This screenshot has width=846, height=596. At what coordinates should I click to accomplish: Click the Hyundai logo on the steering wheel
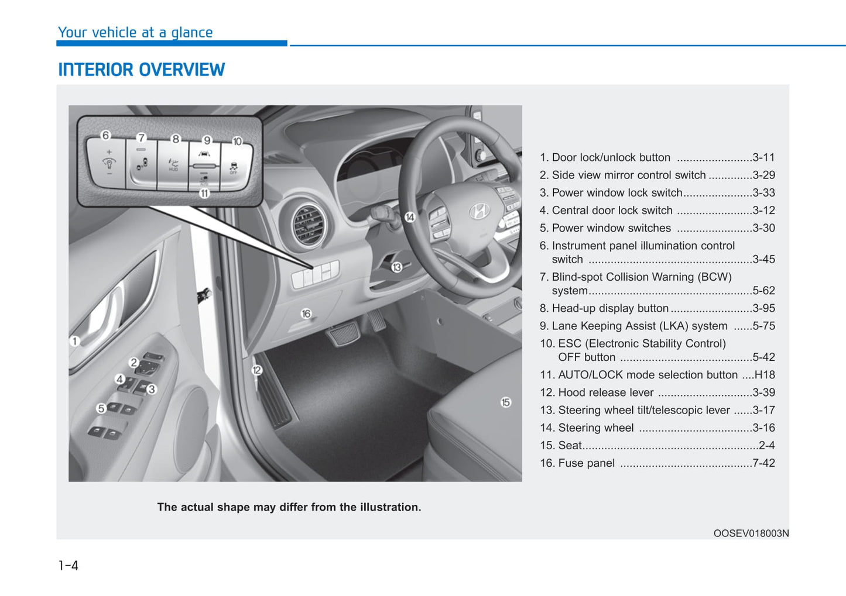click(x=479, y=211)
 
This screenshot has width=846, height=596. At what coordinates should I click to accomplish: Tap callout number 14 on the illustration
click(x=410, y=217)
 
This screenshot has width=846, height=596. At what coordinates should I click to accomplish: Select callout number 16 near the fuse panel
click(x=306, y=314)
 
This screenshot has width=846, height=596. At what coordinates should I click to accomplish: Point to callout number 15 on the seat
click(x=506, y=402)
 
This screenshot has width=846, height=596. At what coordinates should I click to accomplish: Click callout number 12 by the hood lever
click(x=256, y=370)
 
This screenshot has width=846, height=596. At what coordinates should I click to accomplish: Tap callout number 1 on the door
click(x=74, y=341)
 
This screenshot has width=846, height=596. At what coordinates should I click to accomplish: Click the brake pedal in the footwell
click(x=344, y=334)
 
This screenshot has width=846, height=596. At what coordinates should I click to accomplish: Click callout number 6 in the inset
click(x=105, y=135)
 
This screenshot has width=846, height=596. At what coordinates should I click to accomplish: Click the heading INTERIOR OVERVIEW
click(x=141, y=70)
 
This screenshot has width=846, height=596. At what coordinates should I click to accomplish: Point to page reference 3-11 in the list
click(x=763, y=157)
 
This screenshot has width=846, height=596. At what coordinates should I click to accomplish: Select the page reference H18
click(x=765, y=375)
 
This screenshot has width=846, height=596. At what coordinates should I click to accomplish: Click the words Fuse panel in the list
click(x=586, y=463)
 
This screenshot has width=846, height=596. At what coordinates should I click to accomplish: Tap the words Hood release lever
click(x=606, y=392)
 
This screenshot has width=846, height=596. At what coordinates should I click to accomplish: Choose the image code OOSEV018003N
click(x=751, y=533)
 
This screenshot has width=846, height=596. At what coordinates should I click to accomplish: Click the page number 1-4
click(x=68, y=566)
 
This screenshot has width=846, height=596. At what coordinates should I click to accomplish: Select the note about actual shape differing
click(x=289, y=507)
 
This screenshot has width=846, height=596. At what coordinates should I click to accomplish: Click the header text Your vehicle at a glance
click(x=135, y=33)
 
